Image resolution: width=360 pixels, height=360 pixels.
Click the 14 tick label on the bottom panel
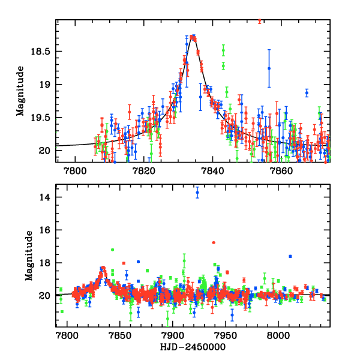coord(45,197)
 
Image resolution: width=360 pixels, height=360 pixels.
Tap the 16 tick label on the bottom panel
coord(45,230)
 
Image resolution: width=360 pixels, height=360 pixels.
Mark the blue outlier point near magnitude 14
coord(197,192)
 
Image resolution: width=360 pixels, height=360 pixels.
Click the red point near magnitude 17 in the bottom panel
coord(214,242)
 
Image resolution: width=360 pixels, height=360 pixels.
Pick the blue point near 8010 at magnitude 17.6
coord(290,256)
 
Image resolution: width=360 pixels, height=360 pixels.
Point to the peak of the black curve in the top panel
coord(193,38)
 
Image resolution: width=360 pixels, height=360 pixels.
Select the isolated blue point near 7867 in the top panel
coord(307,92)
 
